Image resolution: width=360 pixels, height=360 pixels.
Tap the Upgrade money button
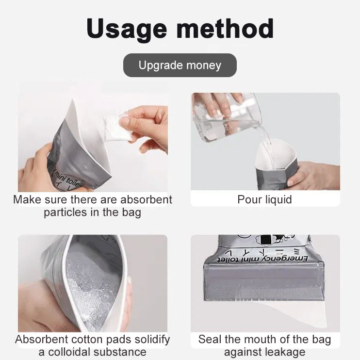click(x=180, y=65)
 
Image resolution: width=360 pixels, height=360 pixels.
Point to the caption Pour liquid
click(x=264, y=199)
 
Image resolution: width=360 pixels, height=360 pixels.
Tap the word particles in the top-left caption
click(x=64, y=213)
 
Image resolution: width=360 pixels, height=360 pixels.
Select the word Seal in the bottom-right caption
click(x=209, y=339)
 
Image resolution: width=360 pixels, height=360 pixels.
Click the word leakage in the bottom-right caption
click(x=286, y=352)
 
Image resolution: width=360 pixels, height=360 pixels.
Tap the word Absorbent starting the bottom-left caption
click(x=39, y=339)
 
